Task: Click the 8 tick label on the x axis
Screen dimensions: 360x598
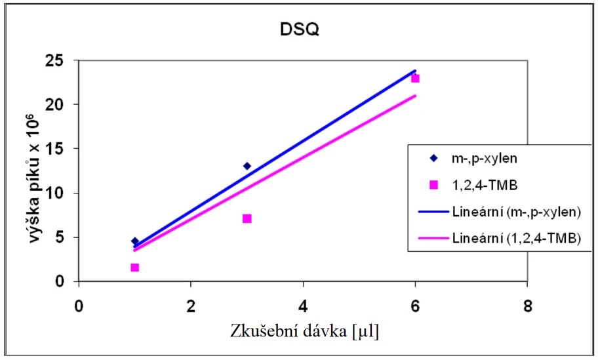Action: tap(527, 306)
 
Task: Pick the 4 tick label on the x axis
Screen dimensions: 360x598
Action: tap(303, 306)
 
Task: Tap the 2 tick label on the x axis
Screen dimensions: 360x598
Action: tap(191, 306)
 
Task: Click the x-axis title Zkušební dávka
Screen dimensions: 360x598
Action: tap(303, 331)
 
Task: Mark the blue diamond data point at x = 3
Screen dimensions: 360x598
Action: tap(247, 166)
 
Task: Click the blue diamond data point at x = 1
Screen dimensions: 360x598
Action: tap(135, 241)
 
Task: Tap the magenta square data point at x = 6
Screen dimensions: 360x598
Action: tap(415, 79)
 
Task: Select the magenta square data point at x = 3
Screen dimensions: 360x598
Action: tap(247, 218)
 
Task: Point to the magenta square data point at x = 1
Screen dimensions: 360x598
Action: tap(135, 268)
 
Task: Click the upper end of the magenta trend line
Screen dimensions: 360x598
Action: tap(415, 96)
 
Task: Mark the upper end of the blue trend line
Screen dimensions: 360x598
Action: tap(415, 70)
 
